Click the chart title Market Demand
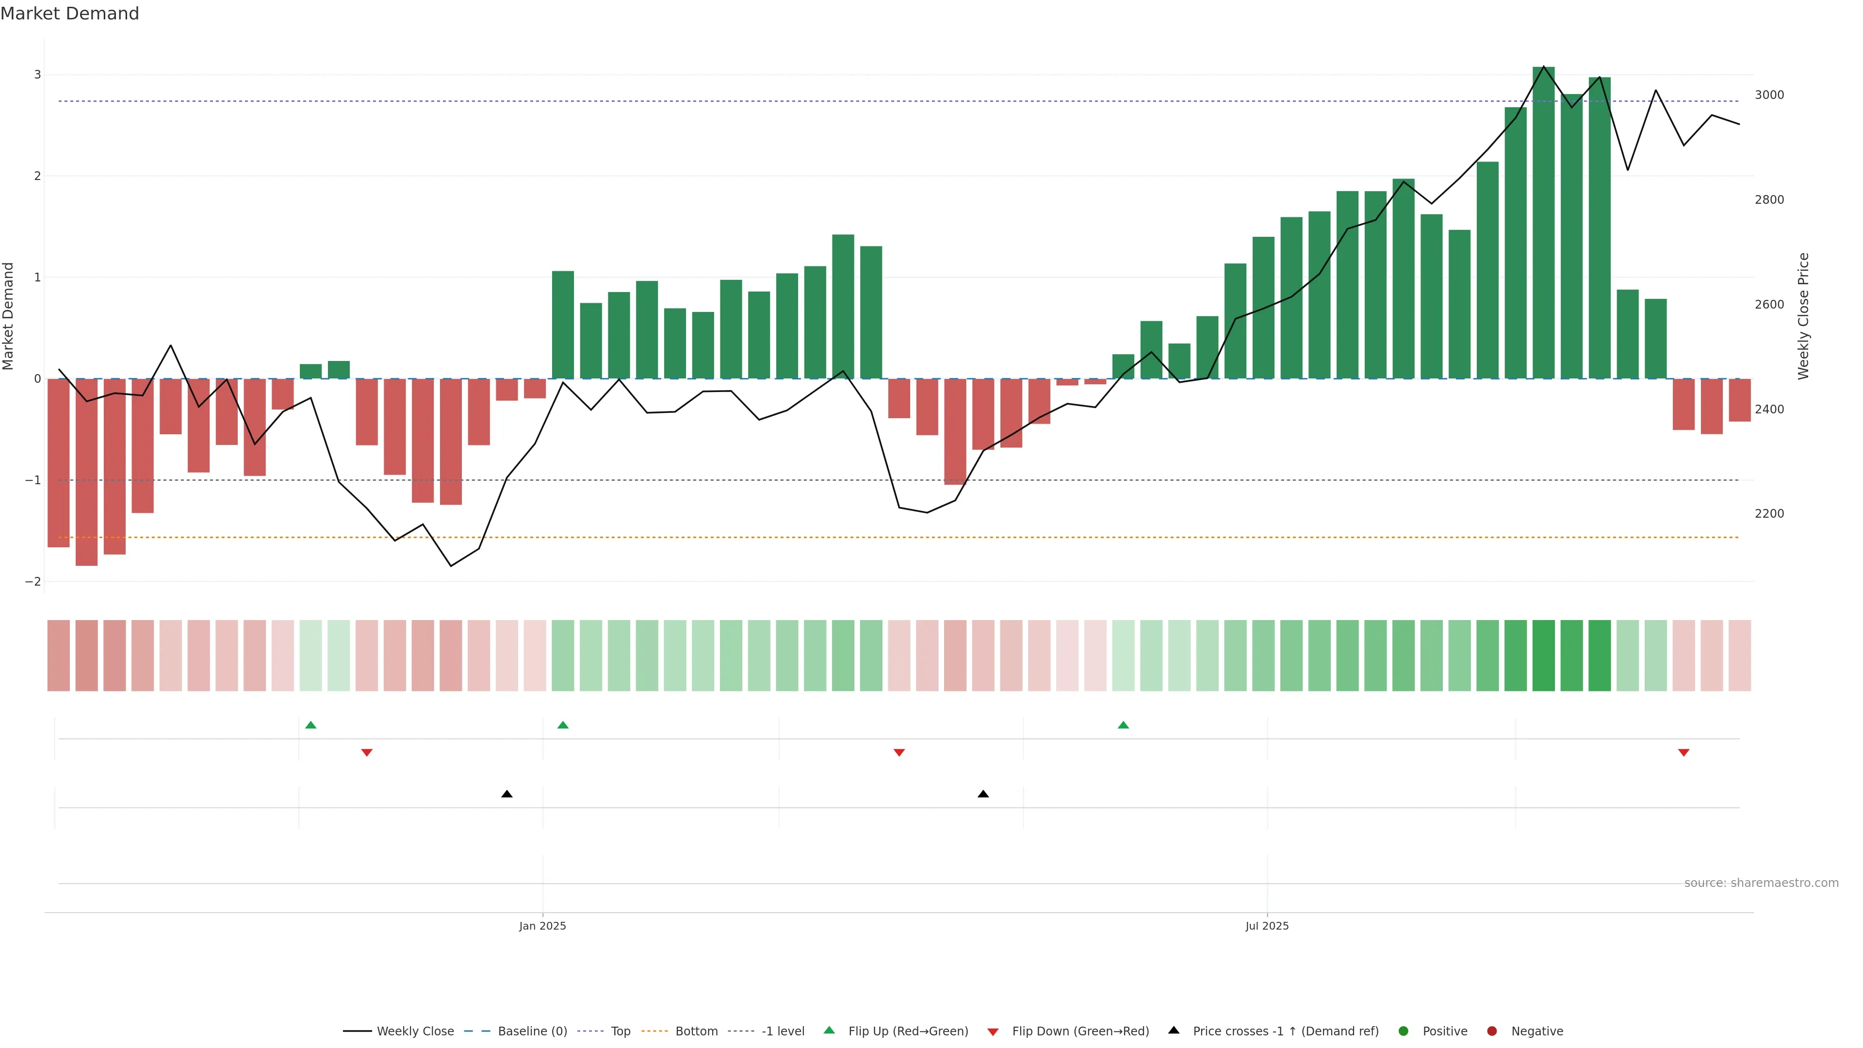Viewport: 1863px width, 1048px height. [x=69, y=14]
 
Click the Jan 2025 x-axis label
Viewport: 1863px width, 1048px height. [x=542, y=926]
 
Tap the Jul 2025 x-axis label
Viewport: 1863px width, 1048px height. [x=1266, y=926]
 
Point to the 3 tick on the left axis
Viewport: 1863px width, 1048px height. [x=38, y=75]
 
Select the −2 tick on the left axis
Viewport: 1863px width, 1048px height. [x=34, y=582]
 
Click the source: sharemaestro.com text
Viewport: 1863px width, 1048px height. [x=1761, y=883]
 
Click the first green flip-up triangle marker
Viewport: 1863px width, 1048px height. [x=311, y=725]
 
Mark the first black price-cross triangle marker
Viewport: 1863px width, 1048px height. [x=507, y=794]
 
